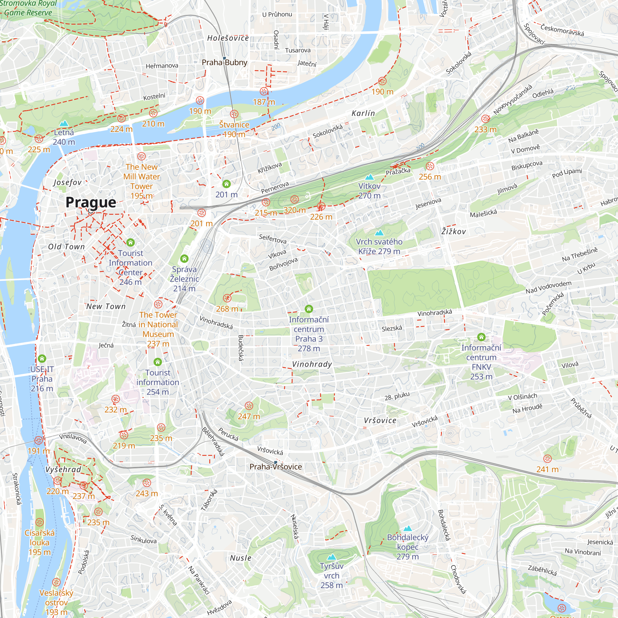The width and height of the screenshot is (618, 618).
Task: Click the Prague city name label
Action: click(91, 202)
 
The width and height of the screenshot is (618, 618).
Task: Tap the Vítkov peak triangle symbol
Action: click(370, 177)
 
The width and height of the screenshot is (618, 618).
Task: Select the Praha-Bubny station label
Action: click(225, 62)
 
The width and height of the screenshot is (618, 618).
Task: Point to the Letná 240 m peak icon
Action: click(64, 123)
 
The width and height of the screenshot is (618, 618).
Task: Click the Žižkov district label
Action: click(453, 231)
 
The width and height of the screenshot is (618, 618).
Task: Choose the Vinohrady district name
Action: click(312, 364)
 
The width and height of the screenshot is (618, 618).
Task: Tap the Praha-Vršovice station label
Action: click(276, 467)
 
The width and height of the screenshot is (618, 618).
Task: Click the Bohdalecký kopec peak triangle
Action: click(407, 528)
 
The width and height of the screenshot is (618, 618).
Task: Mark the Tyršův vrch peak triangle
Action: click(332, 557)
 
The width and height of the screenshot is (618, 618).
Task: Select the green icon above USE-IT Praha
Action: click(42, 358)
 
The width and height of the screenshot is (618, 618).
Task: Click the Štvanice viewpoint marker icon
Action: click(234, 114)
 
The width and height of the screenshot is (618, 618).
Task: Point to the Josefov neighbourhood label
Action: click(67, 182)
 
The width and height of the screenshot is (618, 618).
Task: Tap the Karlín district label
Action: click(363, 113)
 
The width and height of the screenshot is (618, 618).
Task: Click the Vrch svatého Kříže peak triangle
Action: click(379, 233)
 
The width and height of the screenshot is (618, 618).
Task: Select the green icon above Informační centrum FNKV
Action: click(481, 337)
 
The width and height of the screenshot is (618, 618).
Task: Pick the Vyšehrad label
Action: click(63, 469)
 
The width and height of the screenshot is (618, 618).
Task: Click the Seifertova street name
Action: click(273, 239)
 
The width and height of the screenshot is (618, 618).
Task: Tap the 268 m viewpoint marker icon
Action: click(227, 298)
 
